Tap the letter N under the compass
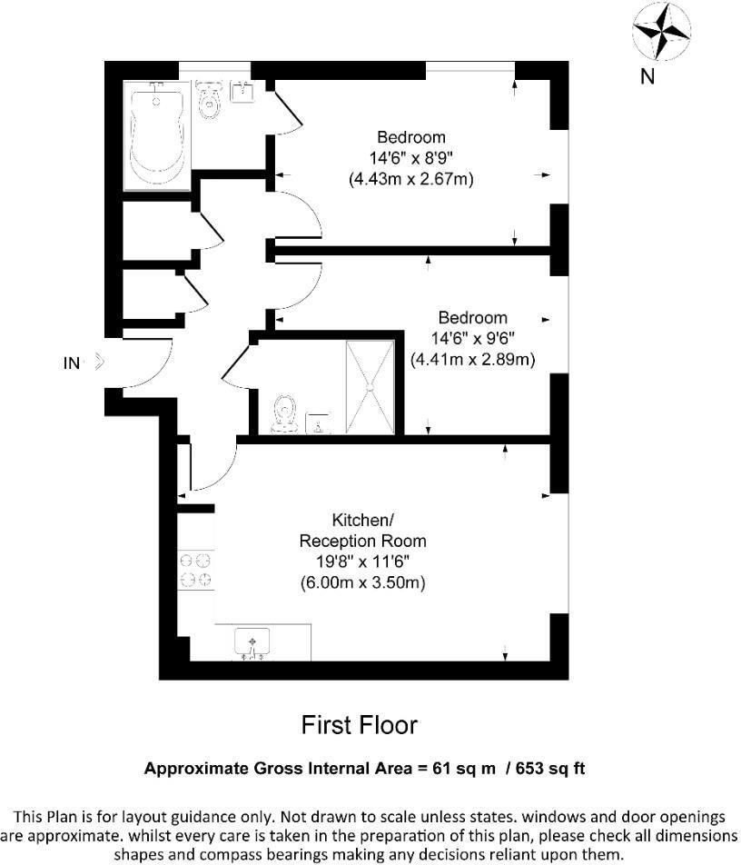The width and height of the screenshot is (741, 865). pyautogui.click(x=647, y=77)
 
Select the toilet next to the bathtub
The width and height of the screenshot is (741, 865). pyautogui.click(x=211, y=99)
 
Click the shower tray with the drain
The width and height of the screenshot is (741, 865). pyautogui.click(x=370, y=385)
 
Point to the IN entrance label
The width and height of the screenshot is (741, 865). pyautogui.click(x=71, y=363)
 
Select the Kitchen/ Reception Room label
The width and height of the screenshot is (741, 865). pyautogui.click(x=362, y=531)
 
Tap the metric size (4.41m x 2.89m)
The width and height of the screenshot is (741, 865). pyautogui.click(x=472, y=360)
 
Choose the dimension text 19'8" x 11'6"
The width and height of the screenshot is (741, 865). pyautogui.click(x=362, y=562)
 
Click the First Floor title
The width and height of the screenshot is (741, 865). pyautogui.click(x=359, y=725)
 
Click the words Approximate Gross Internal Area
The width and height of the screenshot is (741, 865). pyautogui.click(x=272, y=769)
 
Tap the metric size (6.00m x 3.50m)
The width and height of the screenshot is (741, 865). pyautogui.click(x=362, y=582)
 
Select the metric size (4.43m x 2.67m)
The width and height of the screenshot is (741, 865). pyautogui.click(x=411, y=180)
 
